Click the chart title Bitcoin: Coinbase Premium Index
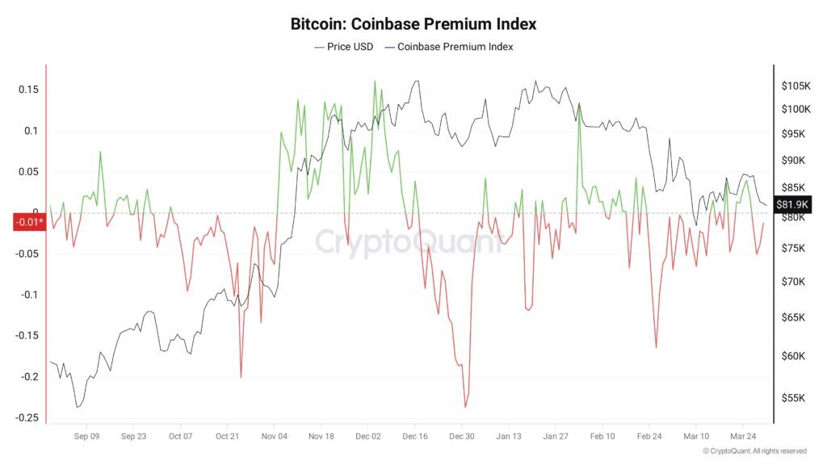[x=413, y=24]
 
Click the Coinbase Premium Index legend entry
[x=455, y=47]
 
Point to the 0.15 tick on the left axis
[x=28, y=89]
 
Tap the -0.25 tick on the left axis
[x=27, y=417]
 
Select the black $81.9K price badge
[x=791, y=204]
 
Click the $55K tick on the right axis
[x=793, y=398]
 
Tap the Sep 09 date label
[x=86, y=436]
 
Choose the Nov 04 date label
[x=275, y=436]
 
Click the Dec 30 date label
[x=462, y=436]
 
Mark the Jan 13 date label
[x=509, y=436]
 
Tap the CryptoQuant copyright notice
[x=754, y=451]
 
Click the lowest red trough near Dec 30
[x=466, y=407]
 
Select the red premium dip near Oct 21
[x=241, y=377]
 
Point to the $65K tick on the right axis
[x=793, y=318]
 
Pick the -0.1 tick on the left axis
[x=30, y=295]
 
